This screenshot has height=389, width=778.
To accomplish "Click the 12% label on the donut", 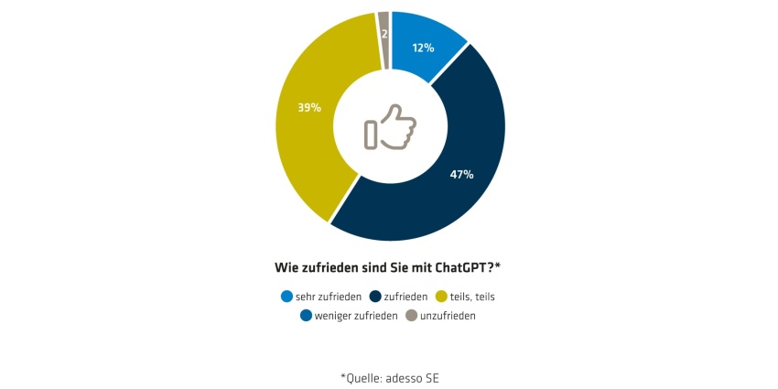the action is pyautogui.click(x=423, y=49).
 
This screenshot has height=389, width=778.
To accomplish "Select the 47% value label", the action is pyautogui.click(x=461, y=175).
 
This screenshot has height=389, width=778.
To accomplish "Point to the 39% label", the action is pyautogui.click(x=309, y=107).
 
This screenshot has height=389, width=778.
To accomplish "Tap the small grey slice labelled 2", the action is pyautogui.click(x=384, y=39).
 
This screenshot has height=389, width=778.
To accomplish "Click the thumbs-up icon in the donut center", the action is pyautogui.click(x=390, y=127).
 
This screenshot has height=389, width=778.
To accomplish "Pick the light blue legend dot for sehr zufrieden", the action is pyautogui.click(x=286, y=297).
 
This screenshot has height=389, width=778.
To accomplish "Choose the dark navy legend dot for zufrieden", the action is pyautogui.click(x=375, y=297).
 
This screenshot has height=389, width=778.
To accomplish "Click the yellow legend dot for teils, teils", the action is pyautogui.click(x=441, y=297).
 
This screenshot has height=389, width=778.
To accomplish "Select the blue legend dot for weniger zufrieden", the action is pyautogui.click(x=306, y=316).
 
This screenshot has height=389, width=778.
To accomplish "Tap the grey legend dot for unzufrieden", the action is pyautogui.click(x=412, y=316).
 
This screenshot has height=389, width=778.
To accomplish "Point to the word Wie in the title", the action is pyautogui.click(x=286, y=268).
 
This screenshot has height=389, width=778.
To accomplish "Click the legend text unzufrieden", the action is pyautogui.click(x=448, y=316).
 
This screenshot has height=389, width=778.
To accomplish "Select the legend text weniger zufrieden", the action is pyautogui.click(x=356, y=316).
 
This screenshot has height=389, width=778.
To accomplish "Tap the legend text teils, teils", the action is pyautogui.click(x=472, y=297).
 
